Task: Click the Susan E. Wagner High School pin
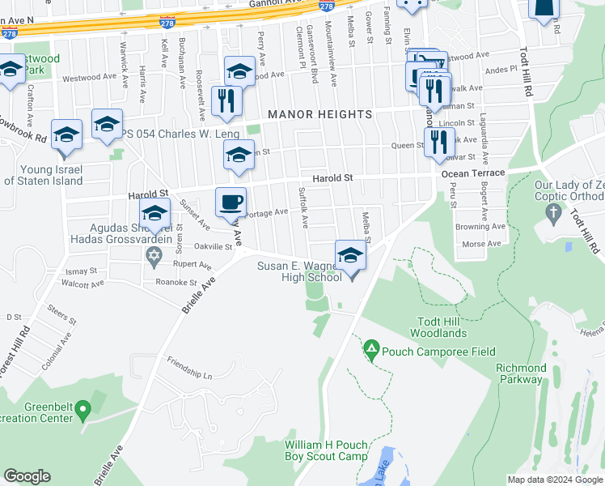(x=350, y=255)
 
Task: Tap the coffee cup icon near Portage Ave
(x=231, y=202)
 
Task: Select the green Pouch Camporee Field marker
(x=371, y=351)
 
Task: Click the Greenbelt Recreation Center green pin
(x=83, y=413)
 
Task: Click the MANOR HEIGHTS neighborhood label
(x=319, y=114)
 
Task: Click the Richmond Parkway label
(x=519, y=373)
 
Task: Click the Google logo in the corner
(x=27, y=476)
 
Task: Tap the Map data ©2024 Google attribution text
(x=555, y=480)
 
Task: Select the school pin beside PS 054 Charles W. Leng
(x=107, y=125)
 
